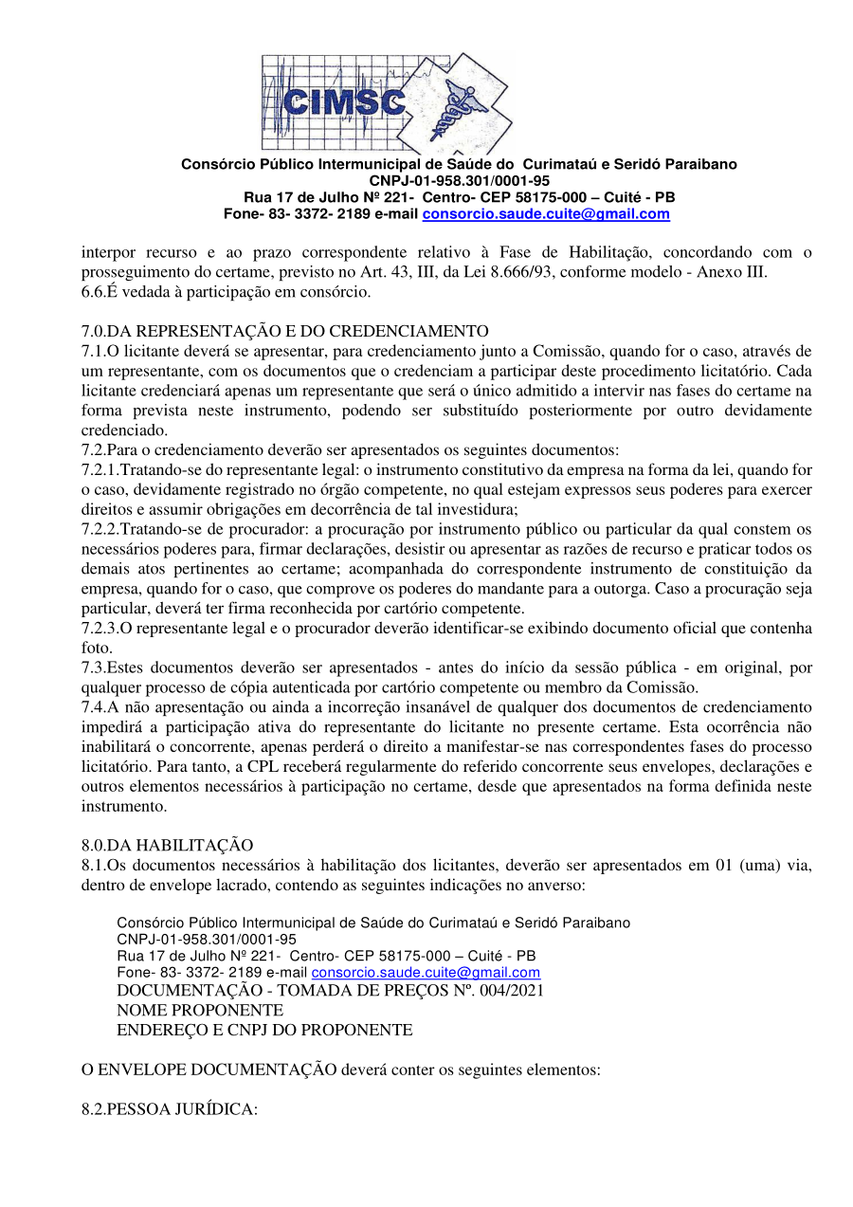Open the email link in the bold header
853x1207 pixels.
click(x=546, y=214)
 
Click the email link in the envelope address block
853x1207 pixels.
click(x=426, y=973)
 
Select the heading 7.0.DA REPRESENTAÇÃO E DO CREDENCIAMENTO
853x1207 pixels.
click(x=284, y=331)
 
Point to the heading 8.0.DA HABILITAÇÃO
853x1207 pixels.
click(x=167, y=845)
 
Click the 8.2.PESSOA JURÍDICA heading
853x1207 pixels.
click(x=169, y=1108)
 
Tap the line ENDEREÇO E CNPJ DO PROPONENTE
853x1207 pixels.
click(x=264, y=1030)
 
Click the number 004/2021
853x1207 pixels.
click(x=511, y=991)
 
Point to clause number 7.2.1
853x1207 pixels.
click(x=100, y=470)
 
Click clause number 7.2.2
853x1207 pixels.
click(x=100, y=528)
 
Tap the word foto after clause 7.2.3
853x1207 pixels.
click(x=95, y=648)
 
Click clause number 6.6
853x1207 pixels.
click(x=92, y=292)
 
